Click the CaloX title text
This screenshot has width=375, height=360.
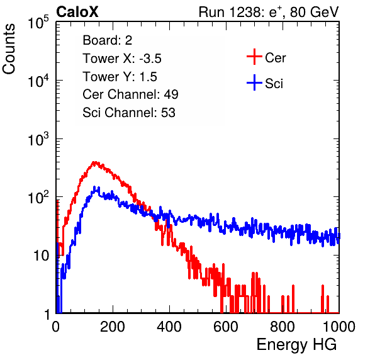[77, 12]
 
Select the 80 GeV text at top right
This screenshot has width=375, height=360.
[314, 12]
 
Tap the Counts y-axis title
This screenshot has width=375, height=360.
[9, 49]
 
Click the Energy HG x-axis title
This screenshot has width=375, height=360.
[297, 344]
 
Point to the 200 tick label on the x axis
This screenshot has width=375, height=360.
[113, 327]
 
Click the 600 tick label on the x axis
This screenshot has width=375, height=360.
[226, 327]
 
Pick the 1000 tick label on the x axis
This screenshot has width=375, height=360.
[339, 327]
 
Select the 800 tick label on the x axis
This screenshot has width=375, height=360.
[283, 327]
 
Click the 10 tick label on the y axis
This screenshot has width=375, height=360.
[42, 256]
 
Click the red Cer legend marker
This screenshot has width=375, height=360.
[254, 57]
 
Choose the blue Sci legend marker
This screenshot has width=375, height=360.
[254, 82]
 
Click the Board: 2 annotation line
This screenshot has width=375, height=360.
[108, 40]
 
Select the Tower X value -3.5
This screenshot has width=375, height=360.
[150, 59]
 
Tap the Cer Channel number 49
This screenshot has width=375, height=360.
[171, 94]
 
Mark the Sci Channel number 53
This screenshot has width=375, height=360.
[168, 113]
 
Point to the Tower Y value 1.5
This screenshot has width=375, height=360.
[148, 77]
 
